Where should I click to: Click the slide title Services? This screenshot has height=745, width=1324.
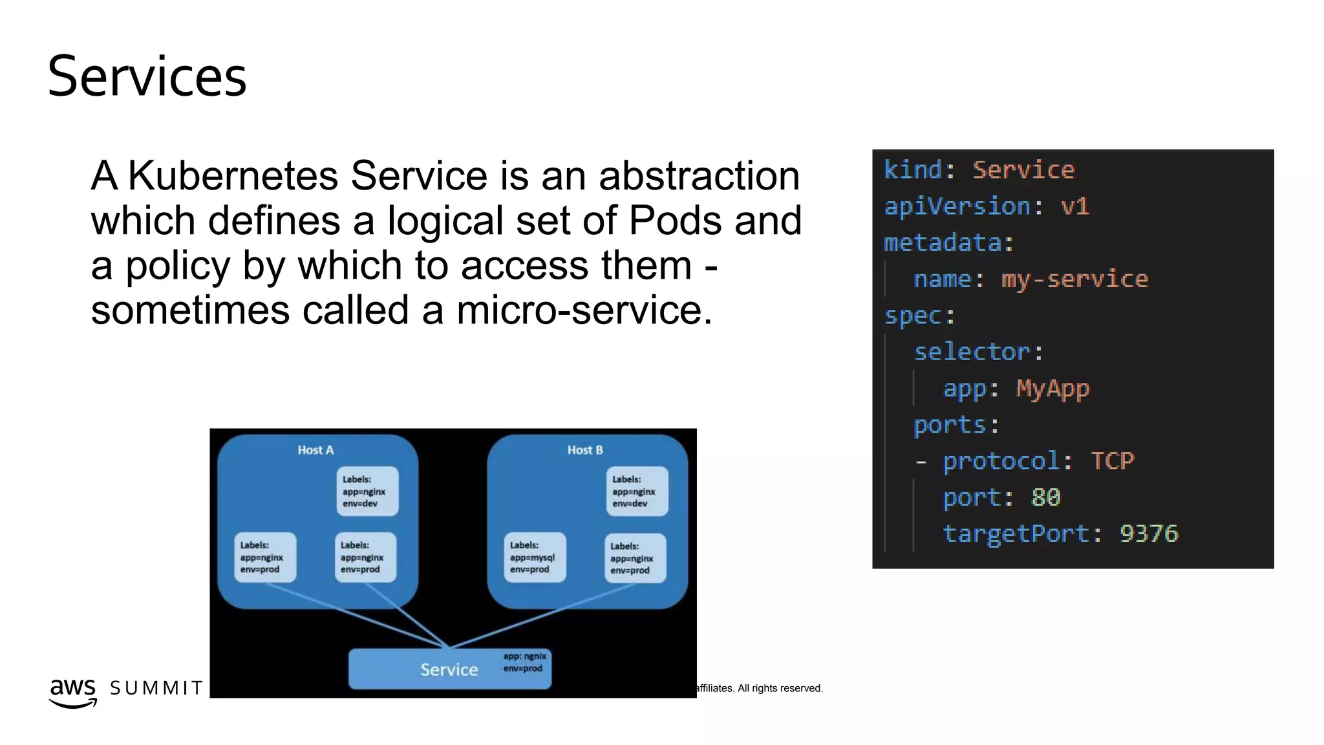147,77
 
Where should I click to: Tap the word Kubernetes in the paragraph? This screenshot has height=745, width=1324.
233,175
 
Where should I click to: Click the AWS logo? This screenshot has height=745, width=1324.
72,692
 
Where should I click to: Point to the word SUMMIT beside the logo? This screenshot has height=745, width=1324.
156,688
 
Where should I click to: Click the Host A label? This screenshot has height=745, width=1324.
315,450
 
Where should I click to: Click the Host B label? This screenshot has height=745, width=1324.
585,450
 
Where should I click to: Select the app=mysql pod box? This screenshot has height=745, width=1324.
534,557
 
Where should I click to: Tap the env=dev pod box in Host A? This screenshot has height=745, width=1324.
367,491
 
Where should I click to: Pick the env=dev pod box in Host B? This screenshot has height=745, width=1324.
636,491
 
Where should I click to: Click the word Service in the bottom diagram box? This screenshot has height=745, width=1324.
449,670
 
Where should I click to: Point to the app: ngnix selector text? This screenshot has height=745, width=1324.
524,656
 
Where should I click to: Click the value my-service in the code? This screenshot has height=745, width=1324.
1074,279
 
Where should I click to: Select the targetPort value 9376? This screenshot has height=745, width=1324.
1149,534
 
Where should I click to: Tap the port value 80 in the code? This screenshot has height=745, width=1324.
1045,497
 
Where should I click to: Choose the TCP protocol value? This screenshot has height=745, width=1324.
1112,461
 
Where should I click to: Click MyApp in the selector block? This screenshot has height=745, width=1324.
1052,389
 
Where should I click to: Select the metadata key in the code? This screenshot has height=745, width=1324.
943,243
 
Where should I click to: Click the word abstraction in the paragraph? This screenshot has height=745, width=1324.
699,175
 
